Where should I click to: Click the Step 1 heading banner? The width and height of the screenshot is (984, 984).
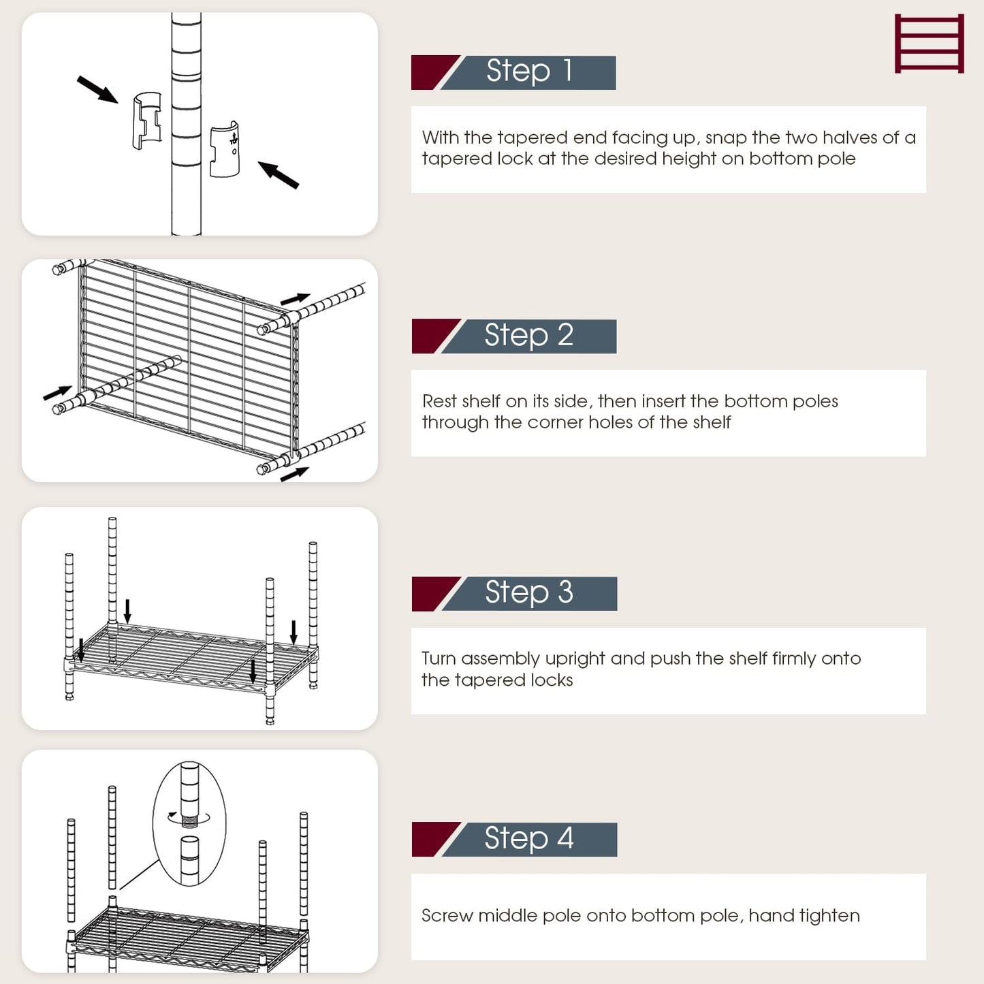pos(514,72)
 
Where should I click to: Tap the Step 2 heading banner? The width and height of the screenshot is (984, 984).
pos(514,336)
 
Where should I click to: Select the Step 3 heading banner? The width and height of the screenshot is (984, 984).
pos(514,593)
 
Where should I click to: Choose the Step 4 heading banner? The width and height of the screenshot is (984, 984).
pos(514,839)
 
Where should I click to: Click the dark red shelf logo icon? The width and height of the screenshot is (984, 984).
pos(929,44)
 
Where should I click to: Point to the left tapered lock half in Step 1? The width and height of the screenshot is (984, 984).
pos(147,121)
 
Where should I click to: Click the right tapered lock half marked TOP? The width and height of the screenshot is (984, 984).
pos(225,150)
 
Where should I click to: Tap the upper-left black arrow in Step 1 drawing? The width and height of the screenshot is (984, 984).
pos(97,89)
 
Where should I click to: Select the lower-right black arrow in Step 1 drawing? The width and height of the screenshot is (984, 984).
pos(279,175)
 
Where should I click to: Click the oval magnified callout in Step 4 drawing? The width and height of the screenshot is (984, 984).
pos(189,823)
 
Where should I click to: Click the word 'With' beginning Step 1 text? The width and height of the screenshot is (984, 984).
pos(440,138)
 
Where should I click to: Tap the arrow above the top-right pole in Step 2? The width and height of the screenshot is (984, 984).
pos(295,298)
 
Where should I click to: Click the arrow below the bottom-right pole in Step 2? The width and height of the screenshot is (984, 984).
pos(294,474)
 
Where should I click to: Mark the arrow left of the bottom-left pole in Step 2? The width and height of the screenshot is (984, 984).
pos(57,393)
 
